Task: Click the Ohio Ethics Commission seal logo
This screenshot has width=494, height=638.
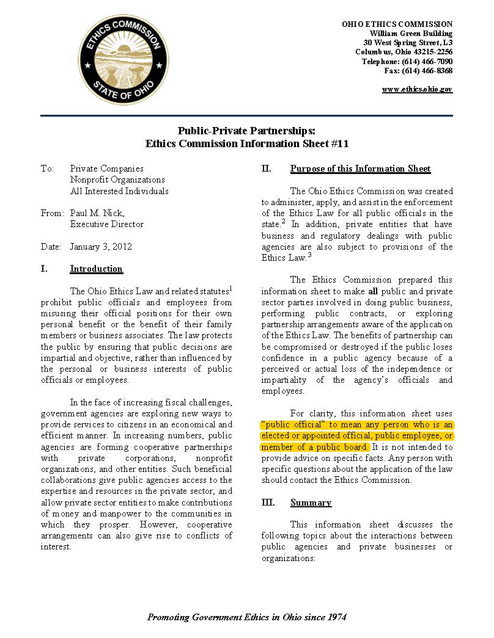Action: [x=123, y=59]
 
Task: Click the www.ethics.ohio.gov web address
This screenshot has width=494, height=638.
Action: [x=417, y=89]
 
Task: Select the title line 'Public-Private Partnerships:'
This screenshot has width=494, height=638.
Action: [x=246, y=131]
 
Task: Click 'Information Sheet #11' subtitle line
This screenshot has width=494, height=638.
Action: [x=246, y=144]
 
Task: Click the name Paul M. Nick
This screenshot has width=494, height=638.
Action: [x=97, y=213]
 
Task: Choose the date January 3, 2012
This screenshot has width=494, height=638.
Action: [x=101, y=247]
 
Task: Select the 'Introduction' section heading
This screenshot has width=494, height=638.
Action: [x=96, y=269]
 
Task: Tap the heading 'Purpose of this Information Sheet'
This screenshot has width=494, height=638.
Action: [x=360, y=169]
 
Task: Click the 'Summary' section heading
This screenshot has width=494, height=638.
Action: [x=311, y=502]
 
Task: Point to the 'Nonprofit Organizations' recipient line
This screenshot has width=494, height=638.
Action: [x=117, y=179]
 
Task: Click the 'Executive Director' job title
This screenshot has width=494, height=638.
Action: [x=107, y=224]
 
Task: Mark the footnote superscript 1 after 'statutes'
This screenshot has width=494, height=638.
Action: [x=230, y=288]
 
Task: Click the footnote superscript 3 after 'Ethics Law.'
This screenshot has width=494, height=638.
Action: [x=309, y=255]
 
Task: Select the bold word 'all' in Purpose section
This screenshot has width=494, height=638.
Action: [x=373, y=291]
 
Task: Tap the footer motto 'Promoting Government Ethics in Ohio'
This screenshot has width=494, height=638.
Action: [x=247, y=617]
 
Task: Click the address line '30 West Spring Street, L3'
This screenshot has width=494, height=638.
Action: [x=408, y=43]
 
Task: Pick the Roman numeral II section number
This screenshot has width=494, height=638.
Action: [x=267, y=169]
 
